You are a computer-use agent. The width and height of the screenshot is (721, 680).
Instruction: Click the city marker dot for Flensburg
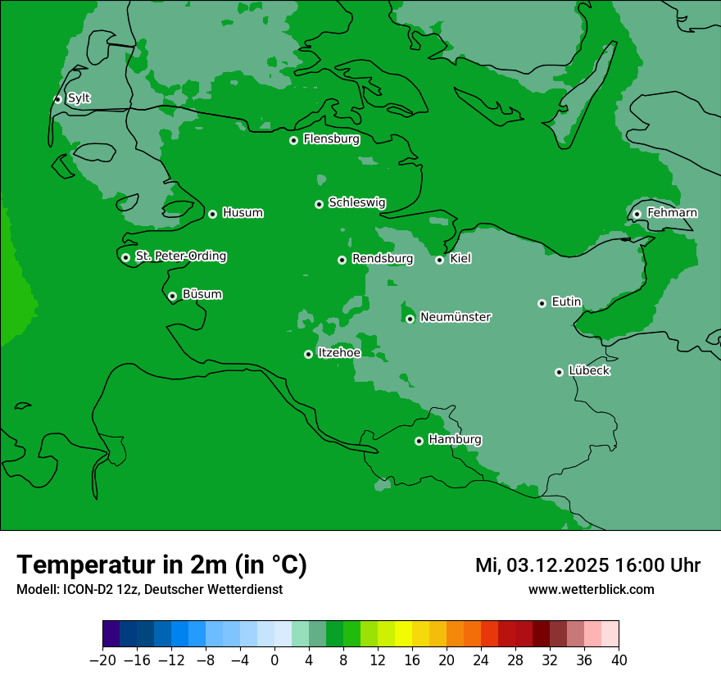click(293, 140)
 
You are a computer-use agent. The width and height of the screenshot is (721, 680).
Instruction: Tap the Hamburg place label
click(455, 439)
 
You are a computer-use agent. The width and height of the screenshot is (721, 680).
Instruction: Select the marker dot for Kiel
click(439, 260)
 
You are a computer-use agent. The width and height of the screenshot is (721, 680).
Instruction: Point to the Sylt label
click(79, 98)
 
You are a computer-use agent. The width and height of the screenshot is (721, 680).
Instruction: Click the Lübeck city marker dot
click(559, 372)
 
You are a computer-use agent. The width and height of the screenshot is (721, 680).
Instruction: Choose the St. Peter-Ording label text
click(180, 256)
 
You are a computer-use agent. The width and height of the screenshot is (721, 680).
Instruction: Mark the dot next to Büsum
click(172, 296)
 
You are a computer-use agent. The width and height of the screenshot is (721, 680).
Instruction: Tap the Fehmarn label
click(672, 213)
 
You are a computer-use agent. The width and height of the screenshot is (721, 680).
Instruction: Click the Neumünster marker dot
click(410, 319)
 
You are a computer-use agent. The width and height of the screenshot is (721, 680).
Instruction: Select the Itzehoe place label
click(339, 352)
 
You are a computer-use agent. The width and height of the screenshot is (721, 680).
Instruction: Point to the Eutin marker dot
click(542, 303)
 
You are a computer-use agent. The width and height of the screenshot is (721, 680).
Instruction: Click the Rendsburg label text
click(383, 259)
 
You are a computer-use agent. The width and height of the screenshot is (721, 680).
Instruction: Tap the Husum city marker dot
click(212, 214)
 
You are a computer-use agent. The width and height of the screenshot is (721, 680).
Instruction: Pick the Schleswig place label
click(356, 202)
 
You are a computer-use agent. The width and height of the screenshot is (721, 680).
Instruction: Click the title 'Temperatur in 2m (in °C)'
click(161, 564)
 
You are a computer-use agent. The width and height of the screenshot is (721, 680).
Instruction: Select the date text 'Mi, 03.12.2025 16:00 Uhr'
click(587, 565)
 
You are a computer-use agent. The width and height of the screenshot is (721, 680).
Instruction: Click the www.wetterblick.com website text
click(591, 589)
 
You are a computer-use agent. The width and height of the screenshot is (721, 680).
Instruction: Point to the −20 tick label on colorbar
click(102, 660)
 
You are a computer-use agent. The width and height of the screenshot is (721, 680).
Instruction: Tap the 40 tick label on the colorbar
click(619, 660)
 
